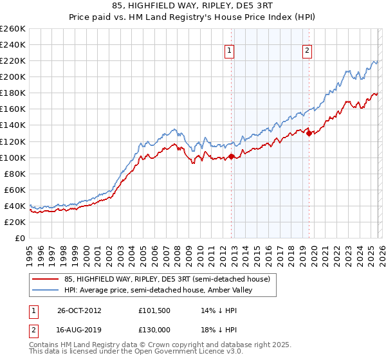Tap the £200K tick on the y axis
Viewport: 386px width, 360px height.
(x=13, y=76)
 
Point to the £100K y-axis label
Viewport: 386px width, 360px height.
(x=13, y=157)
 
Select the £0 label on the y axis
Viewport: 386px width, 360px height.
(x=19, y=238)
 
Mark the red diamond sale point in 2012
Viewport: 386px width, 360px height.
(x=232, y=156)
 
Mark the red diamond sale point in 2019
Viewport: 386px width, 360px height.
(x=309, y=133)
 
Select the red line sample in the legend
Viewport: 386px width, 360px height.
(x=46, y=278)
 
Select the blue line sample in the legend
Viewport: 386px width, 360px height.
(x=46, y=290)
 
